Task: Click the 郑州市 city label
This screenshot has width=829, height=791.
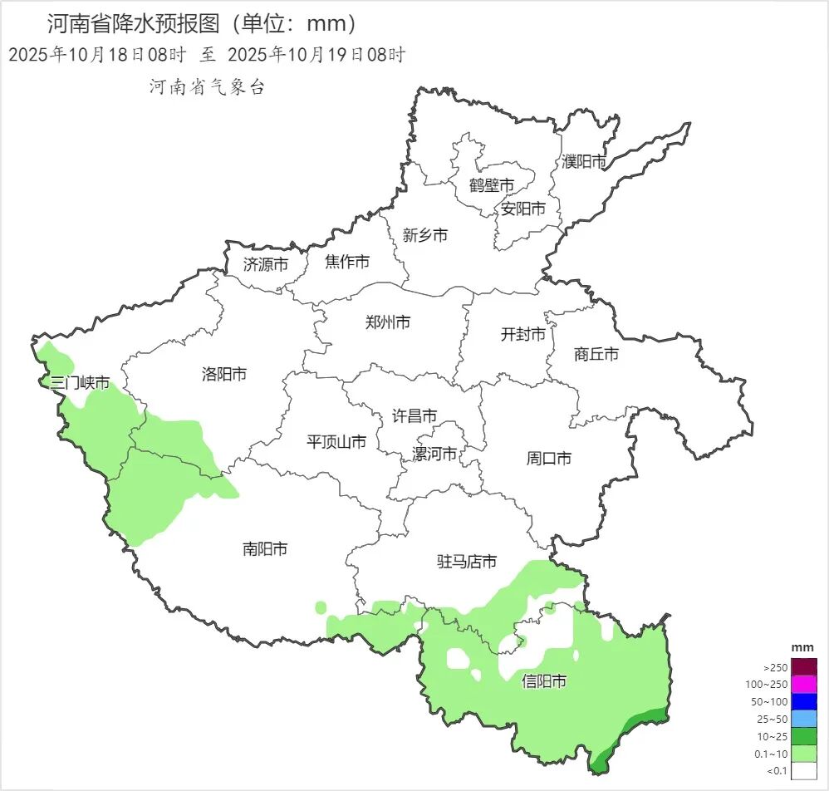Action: pos(388,322)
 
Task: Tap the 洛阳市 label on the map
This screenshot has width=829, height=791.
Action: pos(224,374)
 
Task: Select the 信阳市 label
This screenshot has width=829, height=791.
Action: pos(544,681)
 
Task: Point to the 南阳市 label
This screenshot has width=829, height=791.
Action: pos(265,548)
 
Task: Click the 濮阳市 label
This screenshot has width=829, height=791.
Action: pos(584,161)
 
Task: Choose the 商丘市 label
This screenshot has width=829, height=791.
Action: pos(596,354)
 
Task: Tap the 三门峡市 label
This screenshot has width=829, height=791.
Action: pos(80,383)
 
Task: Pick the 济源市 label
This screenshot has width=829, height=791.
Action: pos(266,264)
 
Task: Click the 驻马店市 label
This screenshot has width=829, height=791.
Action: pos(467,562)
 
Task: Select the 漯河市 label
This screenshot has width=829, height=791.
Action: pos(434,454)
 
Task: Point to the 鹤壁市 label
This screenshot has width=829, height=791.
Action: pos(491,184)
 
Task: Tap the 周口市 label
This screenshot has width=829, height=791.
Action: pos(549,457)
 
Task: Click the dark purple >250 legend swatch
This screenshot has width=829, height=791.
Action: pos(804,666)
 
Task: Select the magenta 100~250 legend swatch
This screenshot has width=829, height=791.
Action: pos(804,684)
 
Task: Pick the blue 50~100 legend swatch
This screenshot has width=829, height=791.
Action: pos(804,701)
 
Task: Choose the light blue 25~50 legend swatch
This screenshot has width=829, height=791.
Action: pos(804,719)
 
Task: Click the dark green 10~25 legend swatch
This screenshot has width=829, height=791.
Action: pos(804,736)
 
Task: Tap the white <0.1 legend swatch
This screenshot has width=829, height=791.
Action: pos(804,771)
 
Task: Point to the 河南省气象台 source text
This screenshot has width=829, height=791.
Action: pos(207,86)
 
